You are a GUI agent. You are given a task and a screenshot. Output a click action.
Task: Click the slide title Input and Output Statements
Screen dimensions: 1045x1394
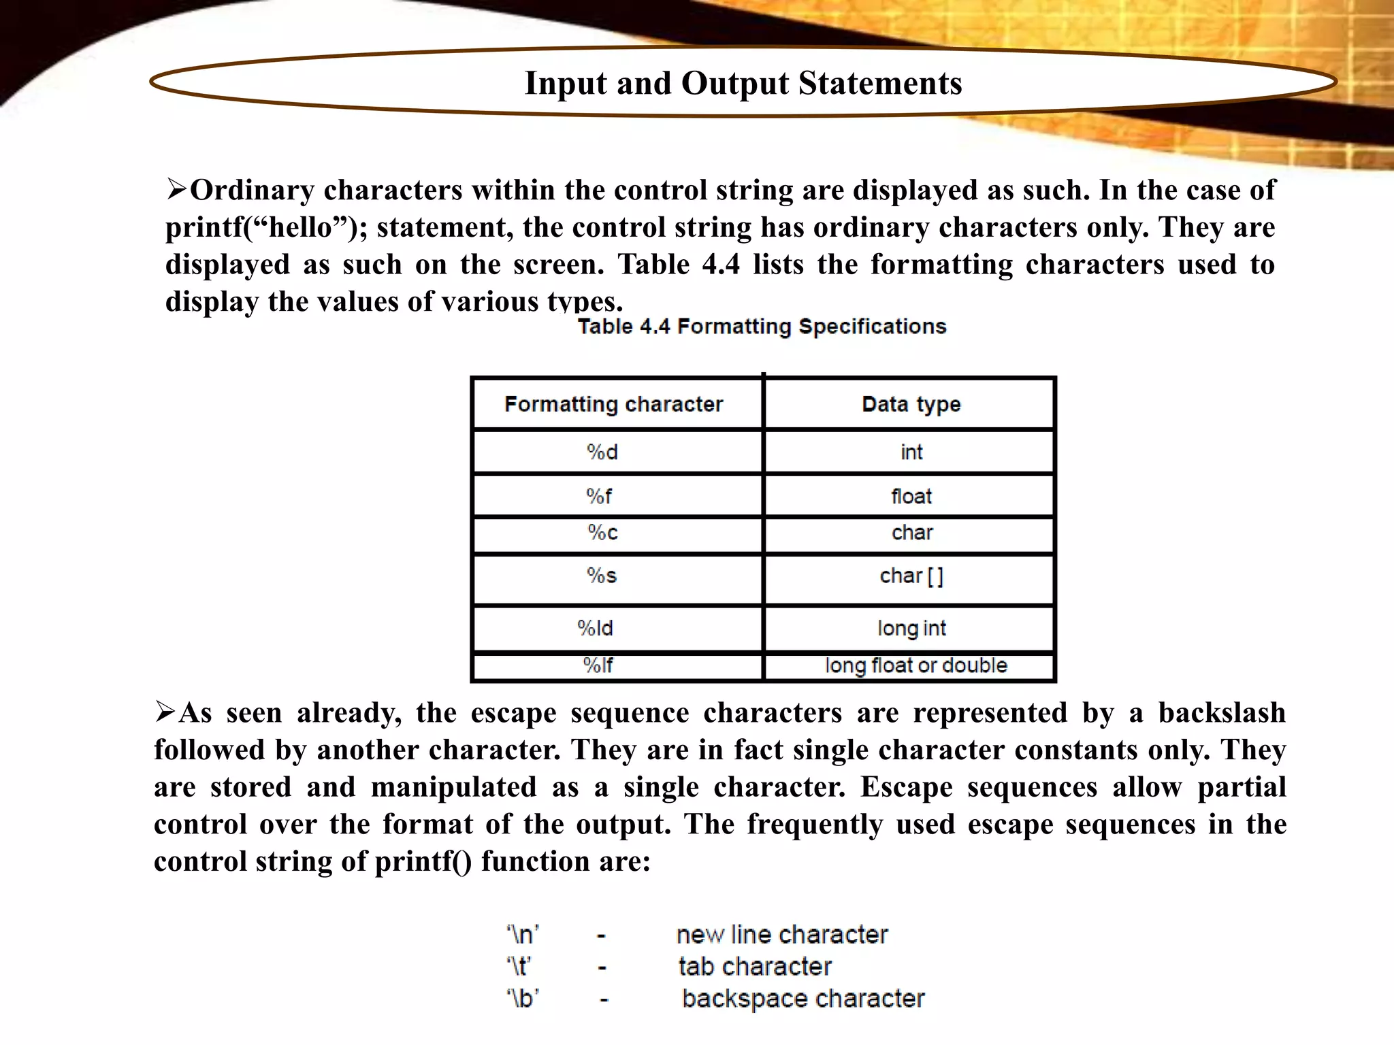[x=743, y=84]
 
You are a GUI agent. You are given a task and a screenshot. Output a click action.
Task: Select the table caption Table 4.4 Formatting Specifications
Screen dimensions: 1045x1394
[x=762, y=327]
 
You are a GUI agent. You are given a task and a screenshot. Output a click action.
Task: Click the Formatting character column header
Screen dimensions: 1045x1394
[x=613, y=404]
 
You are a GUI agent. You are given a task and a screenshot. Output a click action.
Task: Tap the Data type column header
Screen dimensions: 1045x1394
[x=911, y=404]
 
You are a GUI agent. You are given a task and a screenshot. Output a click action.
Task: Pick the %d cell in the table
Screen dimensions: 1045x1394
[x=602, y=452]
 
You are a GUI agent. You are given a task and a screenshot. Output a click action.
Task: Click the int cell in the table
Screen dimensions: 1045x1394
[x=911, y=452]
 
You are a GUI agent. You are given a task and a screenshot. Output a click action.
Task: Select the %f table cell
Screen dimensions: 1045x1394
[x=599, y=497]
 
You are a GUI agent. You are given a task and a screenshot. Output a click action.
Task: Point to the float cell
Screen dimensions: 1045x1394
[x=911, y=497]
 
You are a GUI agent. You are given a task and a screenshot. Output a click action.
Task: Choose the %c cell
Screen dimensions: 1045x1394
[x=602, y=533]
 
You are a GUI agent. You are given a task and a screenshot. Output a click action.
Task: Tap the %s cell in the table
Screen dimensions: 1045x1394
[x=602, y=576]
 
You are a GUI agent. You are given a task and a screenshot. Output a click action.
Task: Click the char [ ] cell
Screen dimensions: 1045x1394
[x=911, y=576]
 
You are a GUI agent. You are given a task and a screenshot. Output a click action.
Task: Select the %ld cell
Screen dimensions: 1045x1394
[x=595, y=628]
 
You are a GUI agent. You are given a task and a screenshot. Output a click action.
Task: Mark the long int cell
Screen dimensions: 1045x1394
[x=911, y=628]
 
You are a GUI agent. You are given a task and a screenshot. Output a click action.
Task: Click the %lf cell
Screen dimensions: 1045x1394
[x=598, y=665]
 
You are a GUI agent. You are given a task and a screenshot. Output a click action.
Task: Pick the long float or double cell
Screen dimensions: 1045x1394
[x=915, y=665]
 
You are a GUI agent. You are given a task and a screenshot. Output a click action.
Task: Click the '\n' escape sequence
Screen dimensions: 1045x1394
[x=523, y=935]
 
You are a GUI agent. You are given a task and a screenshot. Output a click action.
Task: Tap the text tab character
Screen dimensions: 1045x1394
[x=755, y=967]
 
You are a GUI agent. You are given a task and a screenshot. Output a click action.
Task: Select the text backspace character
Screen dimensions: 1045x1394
[x=803, y=999]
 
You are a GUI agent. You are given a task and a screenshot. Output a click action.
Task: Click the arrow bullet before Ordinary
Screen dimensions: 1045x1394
[x=176, y=188]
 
